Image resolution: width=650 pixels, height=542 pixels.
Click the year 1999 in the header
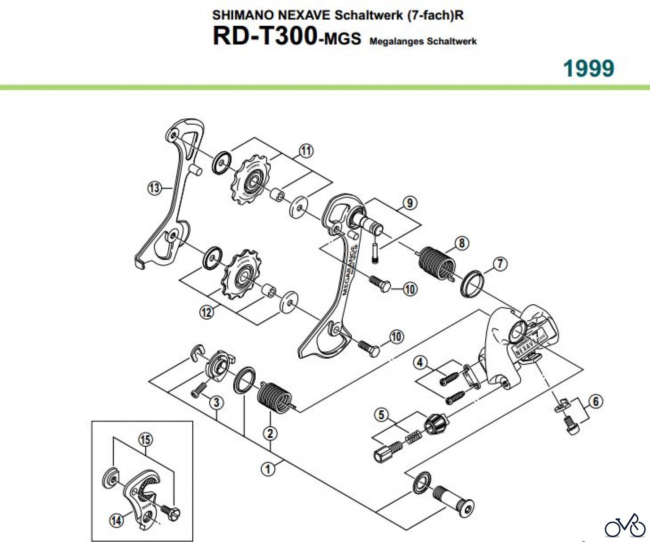[x=589, y=68]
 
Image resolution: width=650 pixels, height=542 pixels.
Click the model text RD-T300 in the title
[x=265, y=36]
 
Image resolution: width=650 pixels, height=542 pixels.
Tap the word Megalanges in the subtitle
[x=396, y=41]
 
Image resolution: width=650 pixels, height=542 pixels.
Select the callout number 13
[x=154, y=188]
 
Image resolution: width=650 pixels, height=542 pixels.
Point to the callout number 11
[x=306, y=151]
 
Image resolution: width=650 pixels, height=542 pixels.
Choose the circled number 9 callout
[x=409, y=203]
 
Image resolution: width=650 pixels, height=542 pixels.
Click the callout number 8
[x=462, y=243]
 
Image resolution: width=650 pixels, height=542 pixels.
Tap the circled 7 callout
[x=500, y=264]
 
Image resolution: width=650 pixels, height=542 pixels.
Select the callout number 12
[x=207, y=312]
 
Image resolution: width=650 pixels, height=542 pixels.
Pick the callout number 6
[x=595, y=401]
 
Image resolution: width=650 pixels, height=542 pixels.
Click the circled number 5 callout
[x=382, y=415]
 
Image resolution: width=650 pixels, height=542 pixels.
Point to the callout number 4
[x=420, y=362]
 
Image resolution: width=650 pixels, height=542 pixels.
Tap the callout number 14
[x=116, y=521]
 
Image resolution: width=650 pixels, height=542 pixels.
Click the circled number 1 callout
[x=268, y=469]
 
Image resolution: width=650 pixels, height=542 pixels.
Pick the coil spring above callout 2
[x=274, y=396]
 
